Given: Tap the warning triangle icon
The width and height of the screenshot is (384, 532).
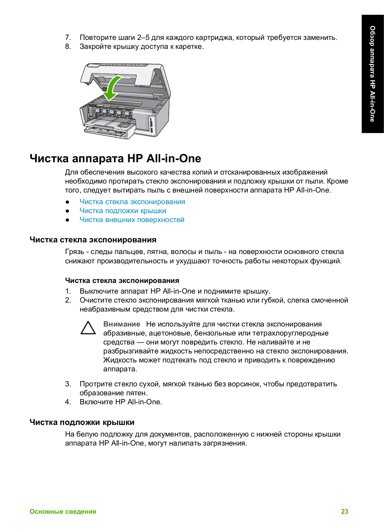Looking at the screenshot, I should pyautogui.click(x=88, y=328).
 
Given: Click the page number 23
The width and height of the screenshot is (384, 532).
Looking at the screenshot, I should pyautogui.click(x=344, y=511).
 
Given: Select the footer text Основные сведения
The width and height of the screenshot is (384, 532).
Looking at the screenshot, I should pyautogui.click(x=63, y=511).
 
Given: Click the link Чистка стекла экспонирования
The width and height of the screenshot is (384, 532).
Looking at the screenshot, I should pyautogui.click(x=132, y=202).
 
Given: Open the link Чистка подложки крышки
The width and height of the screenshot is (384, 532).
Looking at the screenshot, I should pyautogui.click(x=123, y=211).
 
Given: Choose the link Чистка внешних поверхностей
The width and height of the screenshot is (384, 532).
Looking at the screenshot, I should pyautogui.click(x=132, y=220).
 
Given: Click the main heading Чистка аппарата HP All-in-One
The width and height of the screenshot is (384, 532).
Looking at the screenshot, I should pyautogui.click(x=115, y=158).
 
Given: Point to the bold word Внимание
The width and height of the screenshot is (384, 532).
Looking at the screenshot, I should pyautogui.click(x=122, y=324).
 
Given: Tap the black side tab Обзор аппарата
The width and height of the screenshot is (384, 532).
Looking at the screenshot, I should pyautogui.click(x=372, y=74).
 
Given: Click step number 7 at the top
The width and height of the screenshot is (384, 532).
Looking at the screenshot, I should pyautogui.click(x=68, y=38).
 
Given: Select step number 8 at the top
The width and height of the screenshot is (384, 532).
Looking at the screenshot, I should pyautogui.click(x=68, y=47).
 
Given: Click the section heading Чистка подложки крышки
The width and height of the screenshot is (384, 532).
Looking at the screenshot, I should pyautogui.click(x=82, y=422).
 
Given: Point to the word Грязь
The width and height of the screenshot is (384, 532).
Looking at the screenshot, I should pyautogui.click(x=74, y=252).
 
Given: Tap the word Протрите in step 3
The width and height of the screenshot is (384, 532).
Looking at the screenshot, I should pyautogui.click(x=96, y=384).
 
